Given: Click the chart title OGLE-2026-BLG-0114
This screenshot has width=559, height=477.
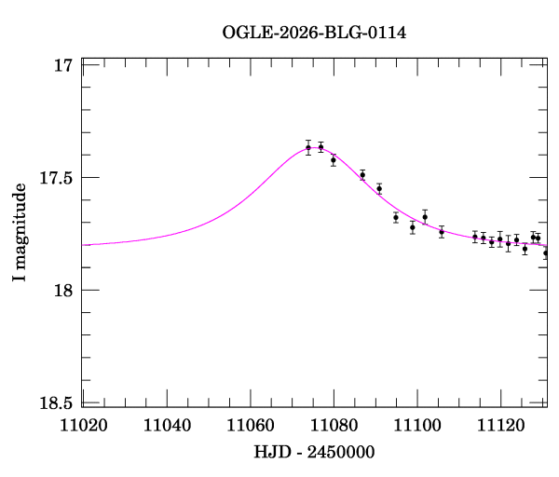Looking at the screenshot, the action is point(314,33).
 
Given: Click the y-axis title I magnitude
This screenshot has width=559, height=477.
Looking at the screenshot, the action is point(20,232).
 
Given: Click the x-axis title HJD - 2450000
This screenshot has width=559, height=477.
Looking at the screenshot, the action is point(314,452).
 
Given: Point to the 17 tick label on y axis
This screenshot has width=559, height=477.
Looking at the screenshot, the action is point(63,65).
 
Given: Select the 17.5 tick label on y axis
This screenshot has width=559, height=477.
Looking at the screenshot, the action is point(56,178).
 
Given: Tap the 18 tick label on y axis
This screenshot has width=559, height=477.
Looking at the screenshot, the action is point(63,290).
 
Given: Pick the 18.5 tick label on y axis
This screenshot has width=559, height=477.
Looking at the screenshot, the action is point(56,403).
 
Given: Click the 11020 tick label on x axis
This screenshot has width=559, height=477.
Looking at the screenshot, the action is point(84,426).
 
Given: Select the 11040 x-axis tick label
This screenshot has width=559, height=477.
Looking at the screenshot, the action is point(167,426).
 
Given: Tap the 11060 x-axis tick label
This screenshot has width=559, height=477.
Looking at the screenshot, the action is point(251,426).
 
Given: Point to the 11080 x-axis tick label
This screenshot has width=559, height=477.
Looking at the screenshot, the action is point(334,426).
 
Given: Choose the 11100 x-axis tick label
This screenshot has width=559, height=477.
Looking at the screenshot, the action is point(417,426).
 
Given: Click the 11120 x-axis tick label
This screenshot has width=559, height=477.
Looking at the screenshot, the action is point(500,426).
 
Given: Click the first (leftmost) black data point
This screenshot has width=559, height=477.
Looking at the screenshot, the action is point(308,147).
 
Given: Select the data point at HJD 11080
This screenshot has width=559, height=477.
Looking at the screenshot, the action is point(334,160).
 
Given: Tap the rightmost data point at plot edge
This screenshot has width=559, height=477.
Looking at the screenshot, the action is point(546,253).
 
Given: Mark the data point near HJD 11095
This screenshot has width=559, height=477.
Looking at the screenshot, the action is point(396,217).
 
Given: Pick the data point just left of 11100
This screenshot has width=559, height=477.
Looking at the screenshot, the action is point(413,227).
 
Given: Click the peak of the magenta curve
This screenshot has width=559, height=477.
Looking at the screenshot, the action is point(314,147).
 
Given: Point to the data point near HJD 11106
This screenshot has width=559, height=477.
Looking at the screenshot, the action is point(442,232).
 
